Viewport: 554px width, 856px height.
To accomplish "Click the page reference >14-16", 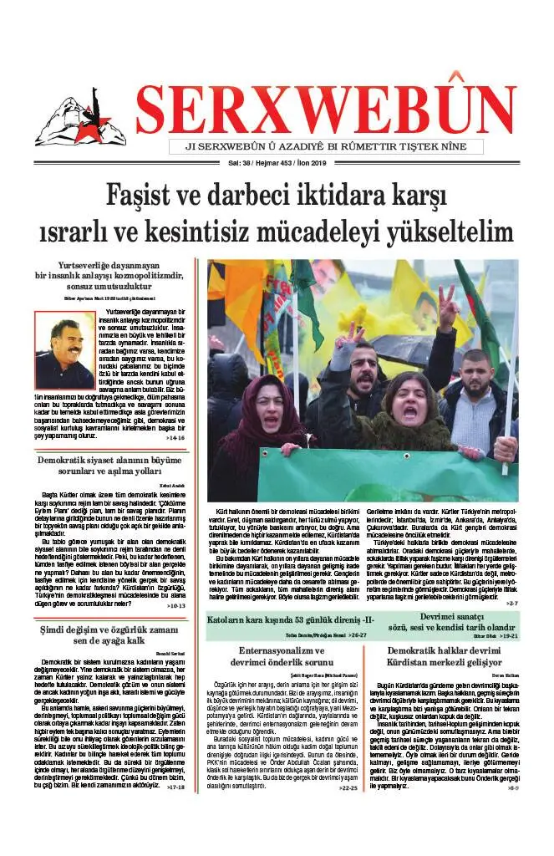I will tap(175, 437).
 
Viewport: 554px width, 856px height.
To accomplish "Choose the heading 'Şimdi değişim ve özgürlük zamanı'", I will tap(113, 629).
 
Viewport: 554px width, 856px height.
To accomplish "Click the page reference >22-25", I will tap(348, 812).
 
